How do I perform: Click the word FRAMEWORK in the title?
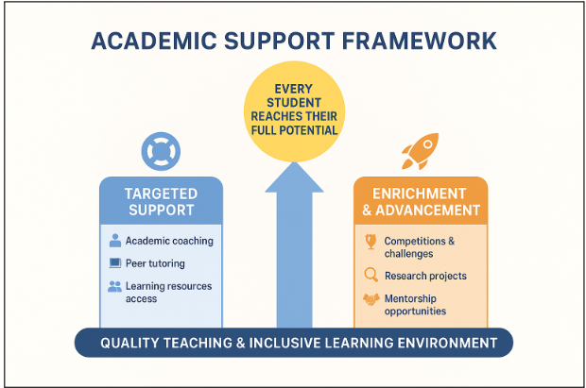(419, 41)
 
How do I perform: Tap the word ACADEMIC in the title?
(154, 41)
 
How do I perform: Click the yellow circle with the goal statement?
(294, 111)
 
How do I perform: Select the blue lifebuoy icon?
(161, 151)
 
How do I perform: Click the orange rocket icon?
(421, 150)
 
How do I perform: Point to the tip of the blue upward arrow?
(295, 162)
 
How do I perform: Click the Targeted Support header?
(161, 201)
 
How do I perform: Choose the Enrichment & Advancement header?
(421, 201)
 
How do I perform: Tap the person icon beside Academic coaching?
(115, 240)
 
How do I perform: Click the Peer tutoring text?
(155, 263)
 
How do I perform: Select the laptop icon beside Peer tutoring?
(115, 262)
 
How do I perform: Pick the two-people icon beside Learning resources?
(114, 286)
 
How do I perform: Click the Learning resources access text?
(168, 293)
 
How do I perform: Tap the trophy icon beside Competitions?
(371, 242)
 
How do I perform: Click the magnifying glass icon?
(371, 275)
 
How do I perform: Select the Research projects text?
(425, 276)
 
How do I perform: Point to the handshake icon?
(371, 299)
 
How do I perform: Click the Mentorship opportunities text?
(415, 305)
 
